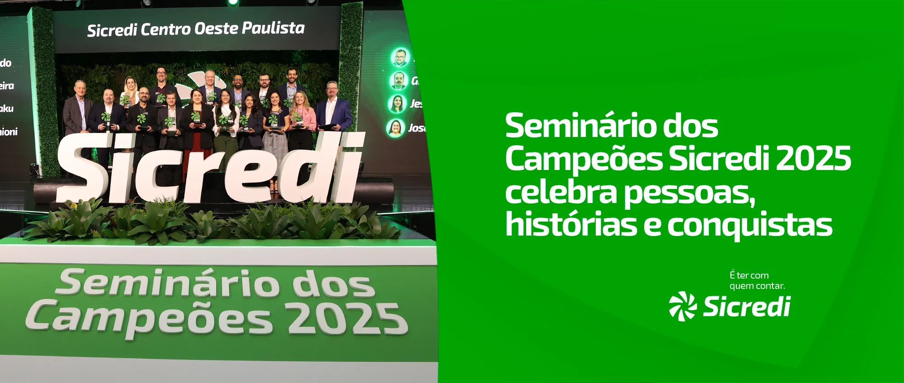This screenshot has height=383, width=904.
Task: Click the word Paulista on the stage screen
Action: (x=273, y=28)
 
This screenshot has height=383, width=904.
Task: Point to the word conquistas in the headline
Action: (x=750, y=225)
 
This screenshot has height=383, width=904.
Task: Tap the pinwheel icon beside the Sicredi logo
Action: (x=683, y=306)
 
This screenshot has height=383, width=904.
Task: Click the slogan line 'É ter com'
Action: (x=749, y=275)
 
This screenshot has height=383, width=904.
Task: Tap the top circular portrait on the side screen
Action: (x=400, y=57)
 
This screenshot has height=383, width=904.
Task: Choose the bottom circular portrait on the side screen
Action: (x=395, y=128)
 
